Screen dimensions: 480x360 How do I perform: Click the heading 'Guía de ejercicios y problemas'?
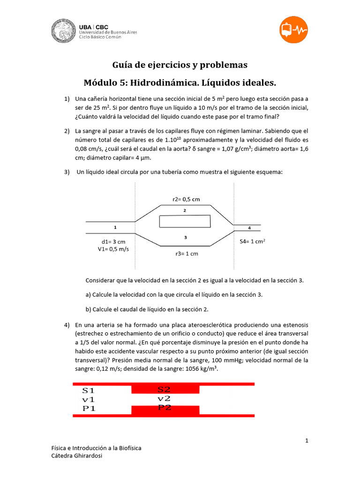(180, 65)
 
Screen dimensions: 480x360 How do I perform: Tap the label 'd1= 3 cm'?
(114, 241)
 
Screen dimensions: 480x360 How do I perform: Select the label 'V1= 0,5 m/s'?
(113, 249)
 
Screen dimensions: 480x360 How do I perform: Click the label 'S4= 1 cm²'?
(253, 241)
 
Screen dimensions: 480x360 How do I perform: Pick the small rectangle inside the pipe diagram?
(185, 221)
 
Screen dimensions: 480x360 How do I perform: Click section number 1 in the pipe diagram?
(115, 227)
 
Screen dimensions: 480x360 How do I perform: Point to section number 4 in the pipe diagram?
(249, 228)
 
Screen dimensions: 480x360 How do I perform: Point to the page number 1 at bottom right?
(307, 441)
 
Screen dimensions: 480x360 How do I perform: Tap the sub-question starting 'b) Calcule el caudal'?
(147, 309)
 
